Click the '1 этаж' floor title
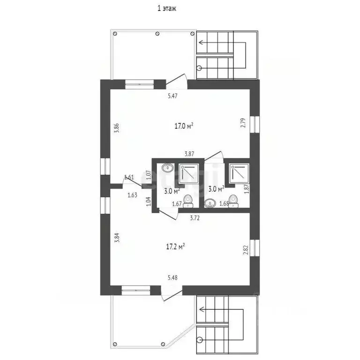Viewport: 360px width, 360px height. coord(167,8)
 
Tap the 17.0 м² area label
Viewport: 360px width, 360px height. coord(184,126)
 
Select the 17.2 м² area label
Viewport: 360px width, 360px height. coord(175,247)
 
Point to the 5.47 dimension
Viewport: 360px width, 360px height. coord(172,96)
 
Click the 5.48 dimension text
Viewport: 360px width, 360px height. coord(172,277)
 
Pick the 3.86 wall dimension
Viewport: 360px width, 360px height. coord(117,128)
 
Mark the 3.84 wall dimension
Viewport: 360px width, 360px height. coord(117,238)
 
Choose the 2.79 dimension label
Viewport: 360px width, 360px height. coord(243,123)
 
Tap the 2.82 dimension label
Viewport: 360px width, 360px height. coord(246,250)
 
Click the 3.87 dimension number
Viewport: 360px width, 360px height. coord(189,154)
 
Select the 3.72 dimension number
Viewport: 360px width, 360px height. coord(195,218)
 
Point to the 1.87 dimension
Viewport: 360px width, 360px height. coord(247,189)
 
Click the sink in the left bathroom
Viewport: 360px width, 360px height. coord(168,167)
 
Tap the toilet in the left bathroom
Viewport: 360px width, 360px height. coord(188,201)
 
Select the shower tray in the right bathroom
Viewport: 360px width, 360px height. coord(240,173)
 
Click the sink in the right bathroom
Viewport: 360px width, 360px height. coord(210,203)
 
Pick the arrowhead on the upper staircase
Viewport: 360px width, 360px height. coord(201,42)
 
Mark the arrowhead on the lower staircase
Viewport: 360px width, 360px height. coord(202,309)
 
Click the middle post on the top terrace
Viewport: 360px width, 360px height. coord(157,34)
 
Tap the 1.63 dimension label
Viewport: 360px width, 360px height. coord(133,195)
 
